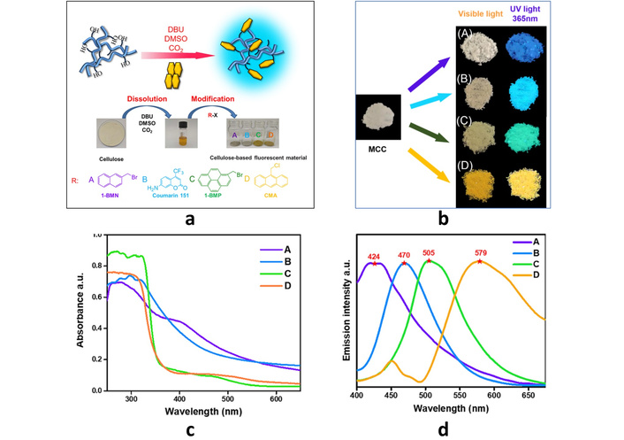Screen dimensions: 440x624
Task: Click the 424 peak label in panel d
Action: coord(374,258)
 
